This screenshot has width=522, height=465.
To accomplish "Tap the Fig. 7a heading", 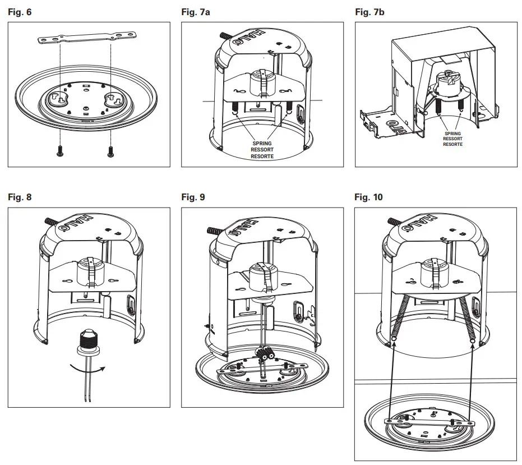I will (194, 11).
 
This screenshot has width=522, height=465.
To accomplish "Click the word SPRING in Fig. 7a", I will (262, 144).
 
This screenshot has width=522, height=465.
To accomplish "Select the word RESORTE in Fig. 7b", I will (452, 144).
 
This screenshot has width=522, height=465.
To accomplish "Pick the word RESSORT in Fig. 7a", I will (262, 150).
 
